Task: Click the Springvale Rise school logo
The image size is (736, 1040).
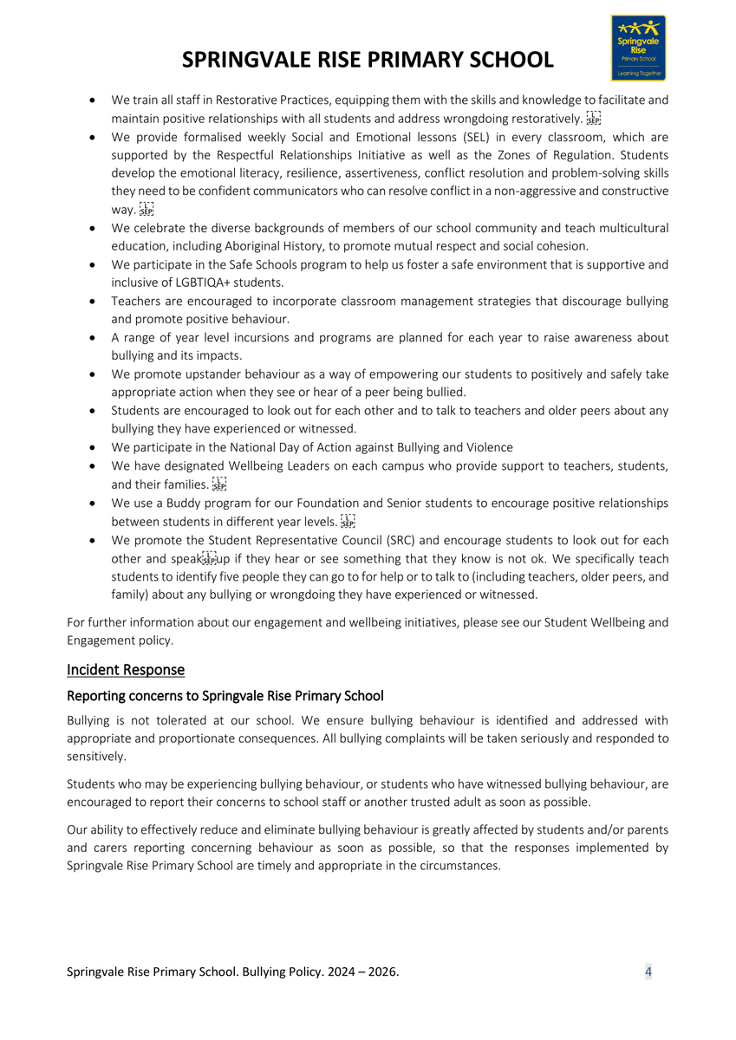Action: pos(638,47)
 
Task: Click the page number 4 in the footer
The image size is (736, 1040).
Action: pos(648,972)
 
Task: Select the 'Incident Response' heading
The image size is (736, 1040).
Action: pos(125,670)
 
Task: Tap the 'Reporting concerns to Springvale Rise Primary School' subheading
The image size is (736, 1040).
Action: pos(225,696)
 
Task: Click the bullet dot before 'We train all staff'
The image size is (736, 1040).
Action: pos(93,101)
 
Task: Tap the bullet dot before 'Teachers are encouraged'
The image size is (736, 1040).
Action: pos(93,302)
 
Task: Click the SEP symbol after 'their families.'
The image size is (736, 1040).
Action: pos(219,484)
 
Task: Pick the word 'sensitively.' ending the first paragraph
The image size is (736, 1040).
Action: pos(96,757)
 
